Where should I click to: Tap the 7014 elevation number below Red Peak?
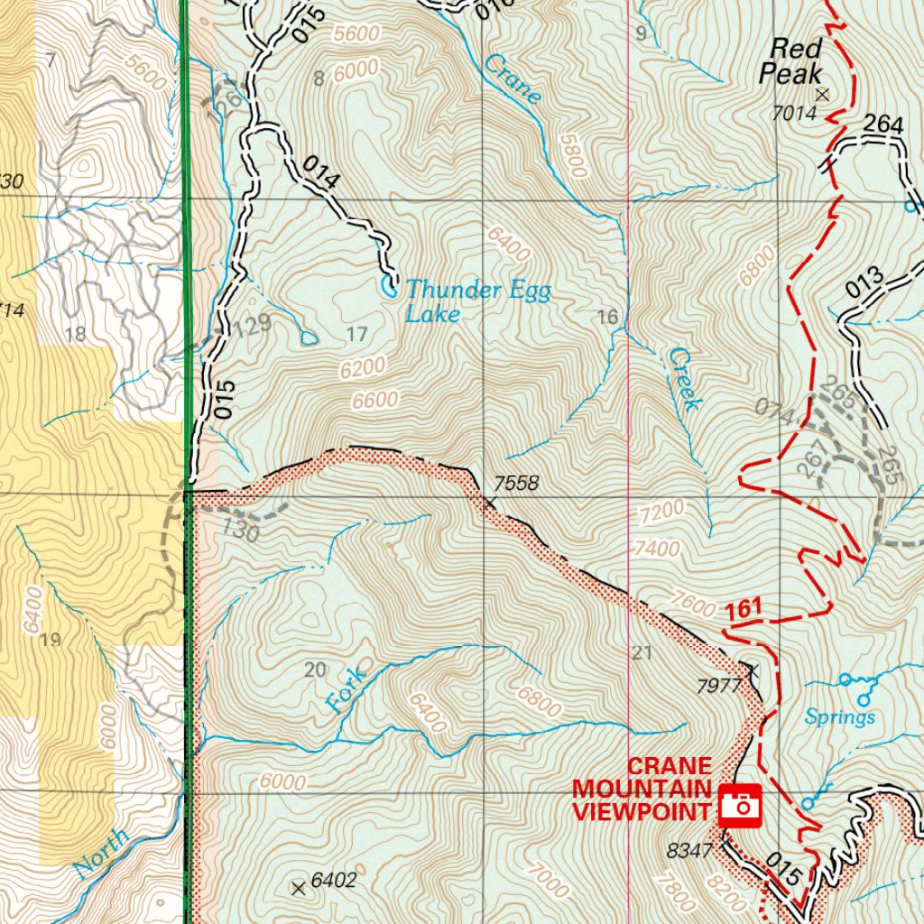793,113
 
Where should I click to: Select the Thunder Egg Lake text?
476,300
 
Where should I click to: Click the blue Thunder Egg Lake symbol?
389,288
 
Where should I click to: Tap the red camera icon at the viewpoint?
740,803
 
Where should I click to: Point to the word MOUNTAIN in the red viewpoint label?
641,788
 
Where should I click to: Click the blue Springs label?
840,717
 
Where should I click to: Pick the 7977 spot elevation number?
719,686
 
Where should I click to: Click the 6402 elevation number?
333,879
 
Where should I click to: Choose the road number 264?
882,125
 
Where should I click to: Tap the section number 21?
642,653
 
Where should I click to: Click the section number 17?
357,335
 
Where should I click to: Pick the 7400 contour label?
657,547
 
